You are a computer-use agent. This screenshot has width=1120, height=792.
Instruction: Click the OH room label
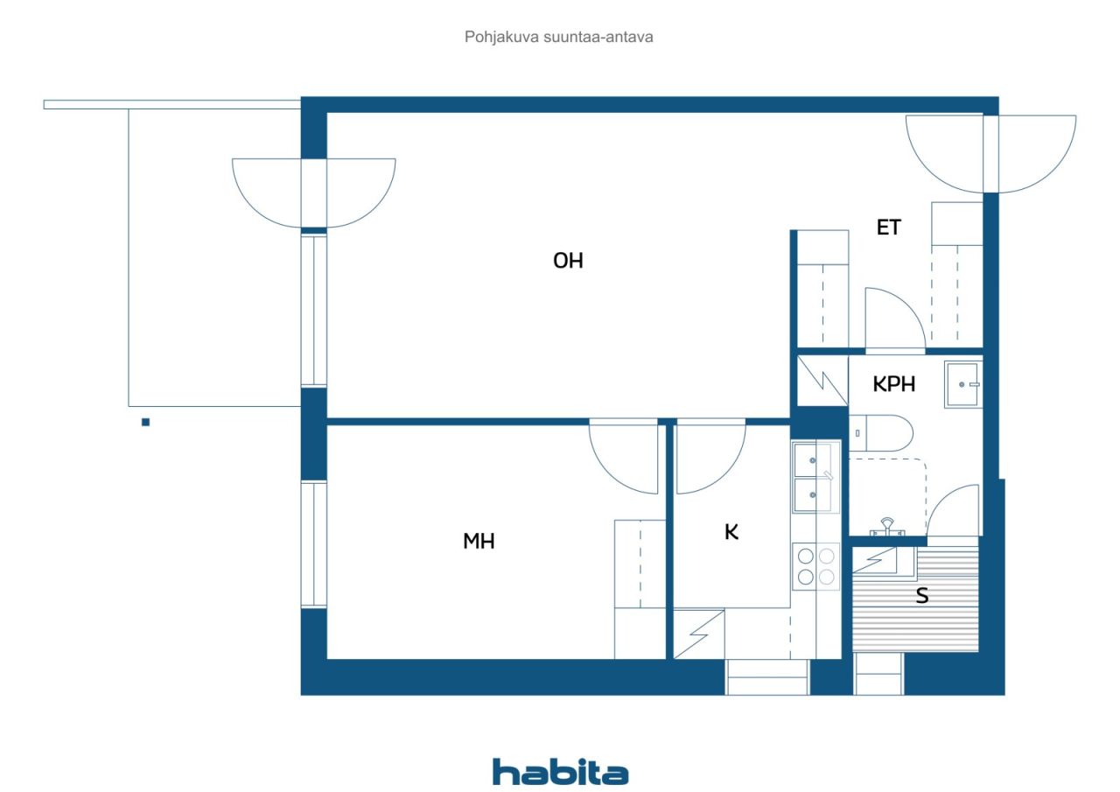pos(568,261)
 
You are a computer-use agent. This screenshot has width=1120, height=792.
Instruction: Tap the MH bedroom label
pos(479,541)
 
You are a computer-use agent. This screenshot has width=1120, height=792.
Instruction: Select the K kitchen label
pos(731,532)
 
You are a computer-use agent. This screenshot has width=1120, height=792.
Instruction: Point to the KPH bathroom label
pos(894,384)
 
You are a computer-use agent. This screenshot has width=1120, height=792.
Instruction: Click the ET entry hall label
pos(888,228)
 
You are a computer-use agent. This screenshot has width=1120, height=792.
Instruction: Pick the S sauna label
pos(922,595)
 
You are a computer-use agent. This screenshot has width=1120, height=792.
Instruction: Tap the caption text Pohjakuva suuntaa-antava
pos(558,37)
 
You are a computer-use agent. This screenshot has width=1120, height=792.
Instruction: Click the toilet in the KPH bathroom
pos(880,433)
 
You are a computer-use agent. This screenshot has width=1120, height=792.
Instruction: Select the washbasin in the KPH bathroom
pos(963,384)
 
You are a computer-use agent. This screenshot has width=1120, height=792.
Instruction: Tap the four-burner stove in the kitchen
pos(816,566)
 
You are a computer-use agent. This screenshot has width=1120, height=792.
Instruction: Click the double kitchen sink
pos(816,478)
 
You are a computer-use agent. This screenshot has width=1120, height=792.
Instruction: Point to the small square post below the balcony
pos(145,422)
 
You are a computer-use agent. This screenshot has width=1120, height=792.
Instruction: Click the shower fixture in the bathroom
pos(887,527)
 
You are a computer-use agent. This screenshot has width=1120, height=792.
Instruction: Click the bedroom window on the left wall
pos(313,544)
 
